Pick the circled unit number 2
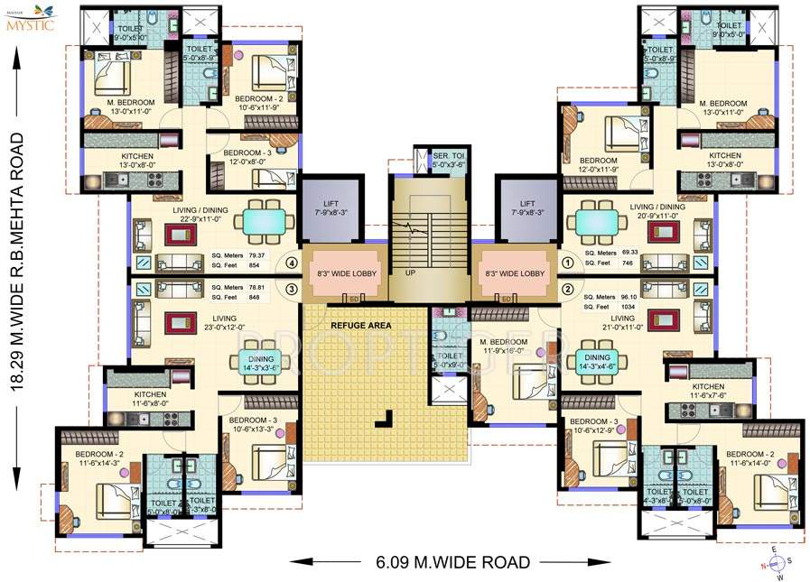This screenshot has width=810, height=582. pyautogui.click(x=568, y=289)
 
